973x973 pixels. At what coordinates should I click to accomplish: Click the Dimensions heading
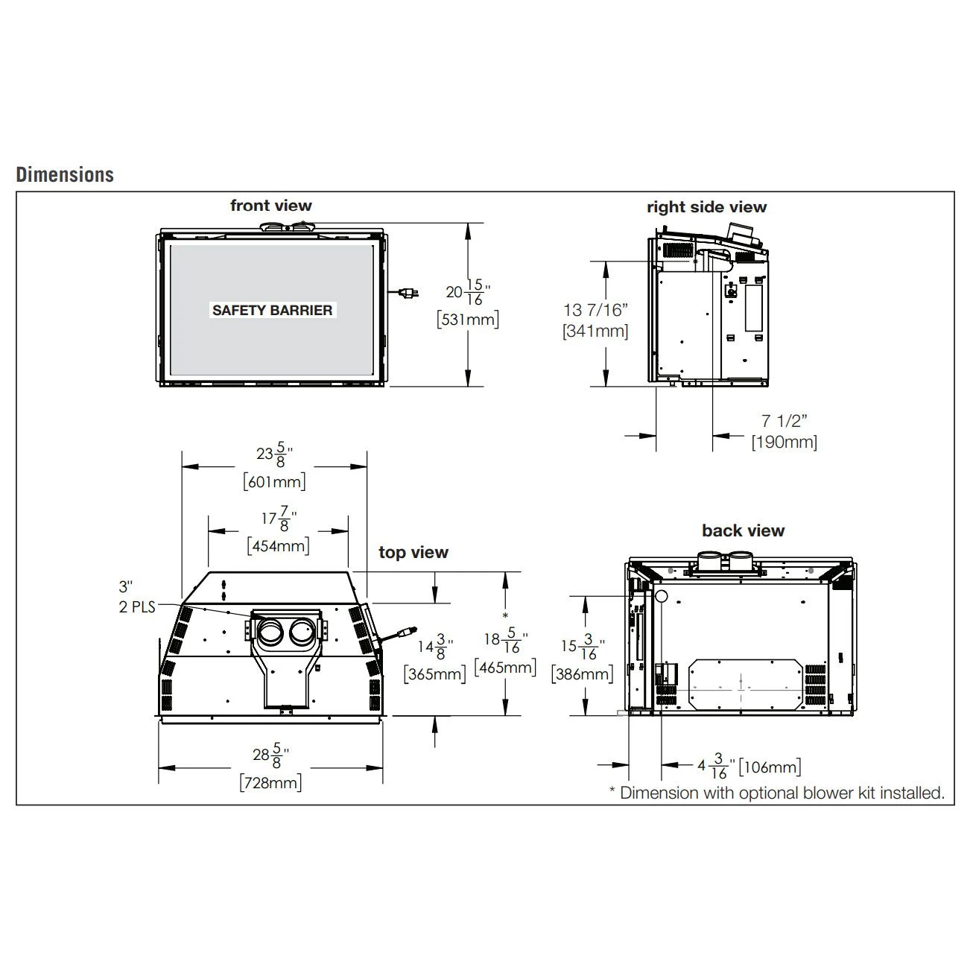tap(65, 175)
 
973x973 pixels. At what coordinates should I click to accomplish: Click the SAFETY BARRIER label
tap(272, 310)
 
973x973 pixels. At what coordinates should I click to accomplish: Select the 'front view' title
tap(270, 206)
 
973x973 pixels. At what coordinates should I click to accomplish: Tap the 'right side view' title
tap(706, 207)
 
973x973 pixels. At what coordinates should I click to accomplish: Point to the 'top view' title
tap(413, 552)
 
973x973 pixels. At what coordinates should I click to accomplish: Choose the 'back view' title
tap(743, 530)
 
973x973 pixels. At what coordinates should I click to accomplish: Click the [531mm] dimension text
tap(467, 320)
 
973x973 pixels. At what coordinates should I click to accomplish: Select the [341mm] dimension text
tap(595, 331)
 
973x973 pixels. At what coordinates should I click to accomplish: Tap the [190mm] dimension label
tap(784, 442)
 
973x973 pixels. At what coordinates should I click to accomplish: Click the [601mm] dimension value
tap(274, 481)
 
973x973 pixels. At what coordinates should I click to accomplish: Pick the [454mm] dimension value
tap(278, 545)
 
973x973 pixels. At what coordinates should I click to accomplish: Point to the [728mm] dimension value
tap(270, 783)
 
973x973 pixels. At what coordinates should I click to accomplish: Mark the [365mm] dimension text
tap(434, 674)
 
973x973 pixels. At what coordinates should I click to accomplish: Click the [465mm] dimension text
tap(505, 667)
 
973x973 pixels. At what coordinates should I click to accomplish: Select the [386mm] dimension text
tap(582, 674)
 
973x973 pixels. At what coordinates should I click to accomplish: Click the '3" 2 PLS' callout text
tap(136, 598)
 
